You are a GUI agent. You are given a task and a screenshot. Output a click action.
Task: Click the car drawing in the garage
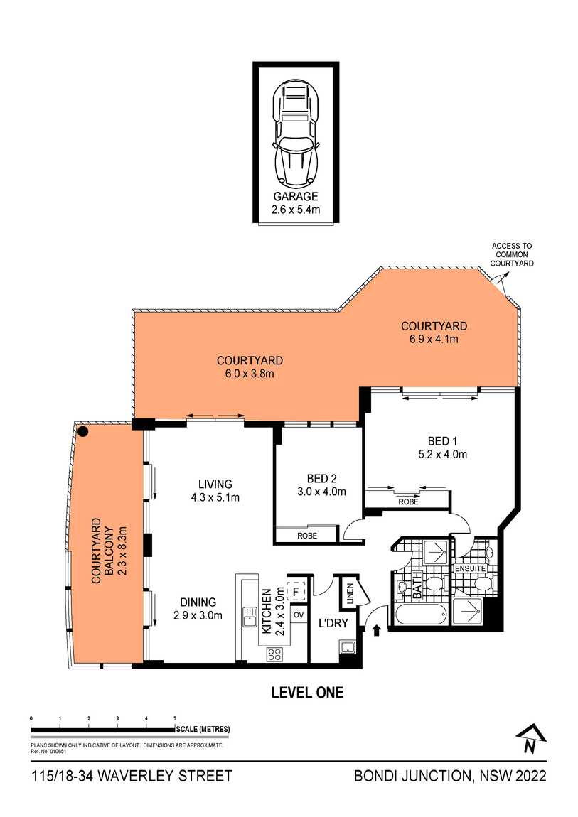tap(296, 134)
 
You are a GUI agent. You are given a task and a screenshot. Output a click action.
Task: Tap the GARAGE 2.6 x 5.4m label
tap(295, 203)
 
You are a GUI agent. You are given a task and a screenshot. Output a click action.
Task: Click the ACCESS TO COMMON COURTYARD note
tap(512, 254)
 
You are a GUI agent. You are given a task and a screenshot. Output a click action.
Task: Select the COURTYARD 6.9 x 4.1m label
tap(434, 332)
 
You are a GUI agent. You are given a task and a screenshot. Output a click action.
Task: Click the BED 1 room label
tap(437, 448)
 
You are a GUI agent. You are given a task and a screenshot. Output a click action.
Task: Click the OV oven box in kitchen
tap(299, 615)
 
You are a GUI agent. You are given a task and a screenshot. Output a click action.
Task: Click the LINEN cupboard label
tap(350, 595)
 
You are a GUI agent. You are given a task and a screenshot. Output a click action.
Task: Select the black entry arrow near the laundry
tap(376, 628)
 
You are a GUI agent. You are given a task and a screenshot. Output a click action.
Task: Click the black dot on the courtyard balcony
tap(83, 431)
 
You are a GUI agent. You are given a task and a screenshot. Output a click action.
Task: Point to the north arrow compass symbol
tap(528, 740)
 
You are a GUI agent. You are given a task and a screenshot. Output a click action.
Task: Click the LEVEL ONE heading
tap(307, 693)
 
